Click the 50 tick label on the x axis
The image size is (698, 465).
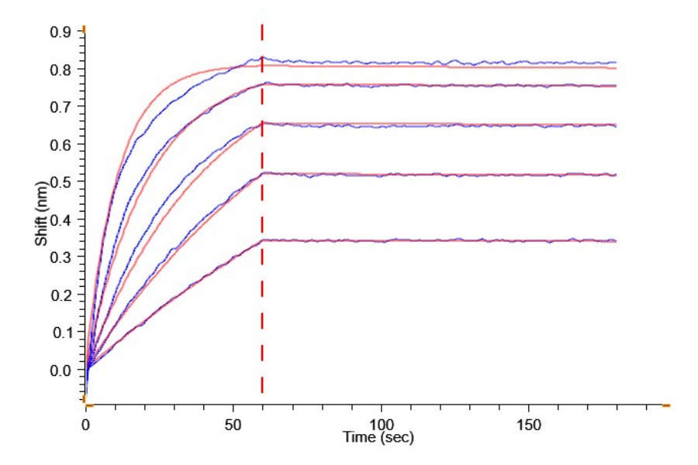pos(233,425)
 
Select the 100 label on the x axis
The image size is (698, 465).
pos(381,425)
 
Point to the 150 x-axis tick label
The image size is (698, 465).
pos(528,425)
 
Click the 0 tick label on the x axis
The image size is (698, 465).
pos(86,425)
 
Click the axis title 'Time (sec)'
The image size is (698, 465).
pos(378,438)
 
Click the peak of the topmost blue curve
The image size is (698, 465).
pos(262,57)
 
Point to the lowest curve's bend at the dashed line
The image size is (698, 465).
pos(262,240)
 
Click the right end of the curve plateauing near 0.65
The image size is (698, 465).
pos(616,125)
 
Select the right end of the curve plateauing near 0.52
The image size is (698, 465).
pos(616,175)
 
